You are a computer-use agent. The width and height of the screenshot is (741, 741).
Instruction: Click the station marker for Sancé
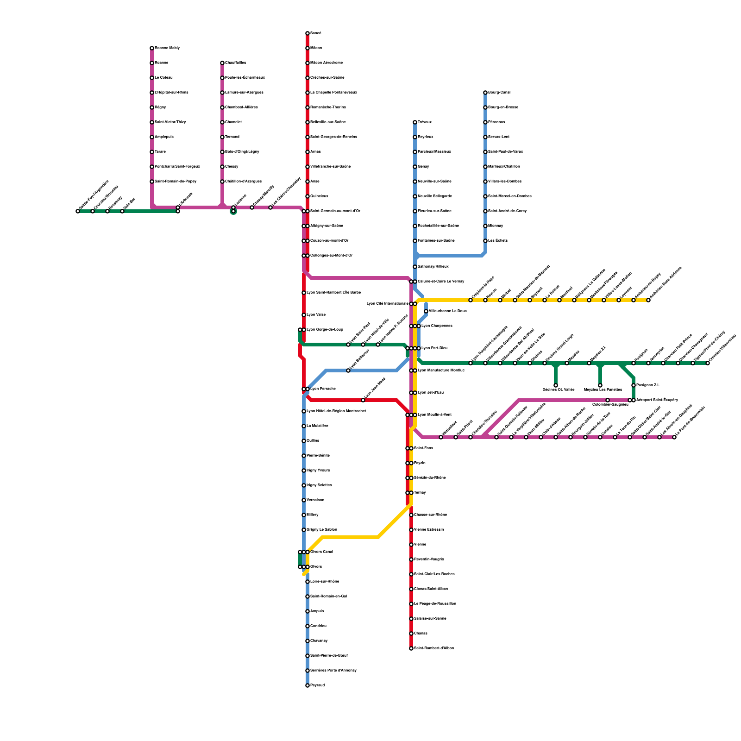[307, 33]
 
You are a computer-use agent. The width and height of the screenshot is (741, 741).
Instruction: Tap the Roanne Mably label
[167, 48]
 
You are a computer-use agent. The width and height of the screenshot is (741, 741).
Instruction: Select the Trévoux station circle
[415, 122]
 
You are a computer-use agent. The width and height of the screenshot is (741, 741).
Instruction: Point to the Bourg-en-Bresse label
[503, 107]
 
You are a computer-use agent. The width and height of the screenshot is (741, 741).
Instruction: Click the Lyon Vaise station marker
[304, 315]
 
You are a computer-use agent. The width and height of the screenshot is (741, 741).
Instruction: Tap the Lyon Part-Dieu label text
[434, 348]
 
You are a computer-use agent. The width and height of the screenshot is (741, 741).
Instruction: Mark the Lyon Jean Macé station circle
[363, 400]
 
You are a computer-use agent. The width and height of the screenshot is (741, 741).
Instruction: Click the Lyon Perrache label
[323, 389]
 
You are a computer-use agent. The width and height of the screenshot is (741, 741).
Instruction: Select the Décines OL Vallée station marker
[556, 385]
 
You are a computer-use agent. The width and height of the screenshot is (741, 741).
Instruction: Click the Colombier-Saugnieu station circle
[608, 400]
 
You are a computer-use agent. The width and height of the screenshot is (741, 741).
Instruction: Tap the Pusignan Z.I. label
[647, 385]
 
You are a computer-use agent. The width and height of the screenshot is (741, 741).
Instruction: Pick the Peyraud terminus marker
[307, 685]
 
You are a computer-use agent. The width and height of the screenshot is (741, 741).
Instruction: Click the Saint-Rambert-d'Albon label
[433, 648]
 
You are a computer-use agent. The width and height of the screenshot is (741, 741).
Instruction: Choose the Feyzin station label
[420, 463]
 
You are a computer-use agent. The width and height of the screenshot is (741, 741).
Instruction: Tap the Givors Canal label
[321, 552]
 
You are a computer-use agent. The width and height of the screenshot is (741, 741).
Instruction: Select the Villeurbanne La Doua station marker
[426, 311]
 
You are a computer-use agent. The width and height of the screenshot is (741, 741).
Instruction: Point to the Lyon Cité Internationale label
[387, 304]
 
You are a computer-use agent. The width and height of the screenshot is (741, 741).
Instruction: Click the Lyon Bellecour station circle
[348, 370]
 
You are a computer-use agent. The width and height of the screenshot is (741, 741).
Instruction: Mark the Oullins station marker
[304, 441]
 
